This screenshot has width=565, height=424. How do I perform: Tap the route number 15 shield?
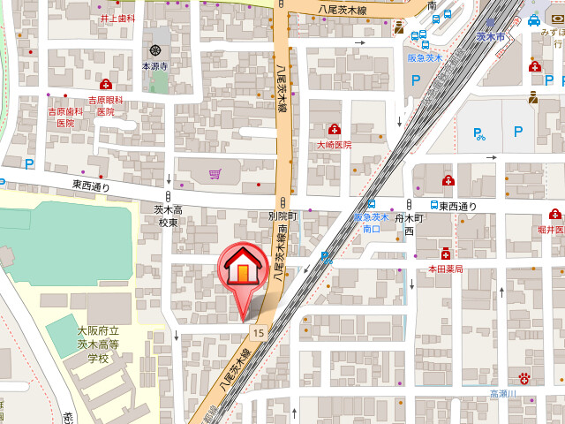tap(257, 332)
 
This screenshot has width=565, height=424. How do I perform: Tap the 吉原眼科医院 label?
tap(106, 106)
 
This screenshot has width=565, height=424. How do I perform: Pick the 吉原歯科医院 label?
tap(65, 117)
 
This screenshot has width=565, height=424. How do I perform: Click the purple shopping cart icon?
tap(215, 174)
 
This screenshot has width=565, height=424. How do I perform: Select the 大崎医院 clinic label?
tap(335, 144)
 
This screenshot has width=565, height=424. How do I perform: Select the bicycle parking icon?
tap(479, 134)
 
